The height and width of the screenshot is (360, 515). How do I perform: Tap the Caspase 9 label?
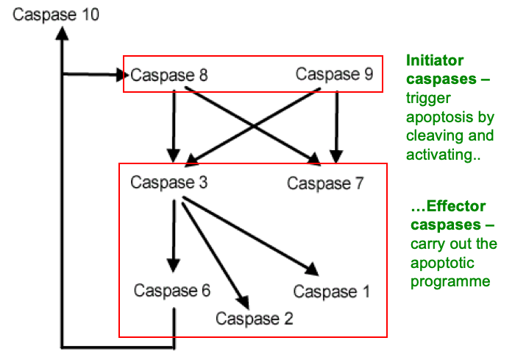(335, 74)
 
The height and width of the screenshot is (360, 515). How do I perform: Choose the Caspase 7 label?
(325, 183)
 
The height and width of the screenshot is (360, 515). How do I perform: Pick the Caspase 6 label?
(172, 290)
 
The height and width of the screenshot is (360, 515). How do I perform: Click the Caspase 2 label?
(255, 319)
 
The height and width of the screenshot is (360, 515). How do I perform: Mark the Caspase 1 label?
(331, 292)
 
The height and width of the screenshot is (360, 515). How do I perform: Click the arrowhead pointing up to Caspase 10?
(63, 34)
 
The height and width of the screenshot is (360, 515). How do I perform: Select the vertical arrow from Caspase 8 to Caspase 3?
(174, 125)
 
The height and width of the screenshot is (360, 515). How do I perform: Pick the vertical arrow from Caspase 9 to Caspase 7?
(336, 125)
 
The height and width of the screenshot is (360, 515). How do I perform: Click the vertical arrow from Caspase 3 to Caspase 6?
(174, 236)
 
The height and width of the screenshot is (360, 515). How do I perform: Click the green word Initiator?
(435, 61)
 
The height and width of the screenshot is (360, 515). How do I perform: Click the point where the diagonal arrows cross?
(254, 125)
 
